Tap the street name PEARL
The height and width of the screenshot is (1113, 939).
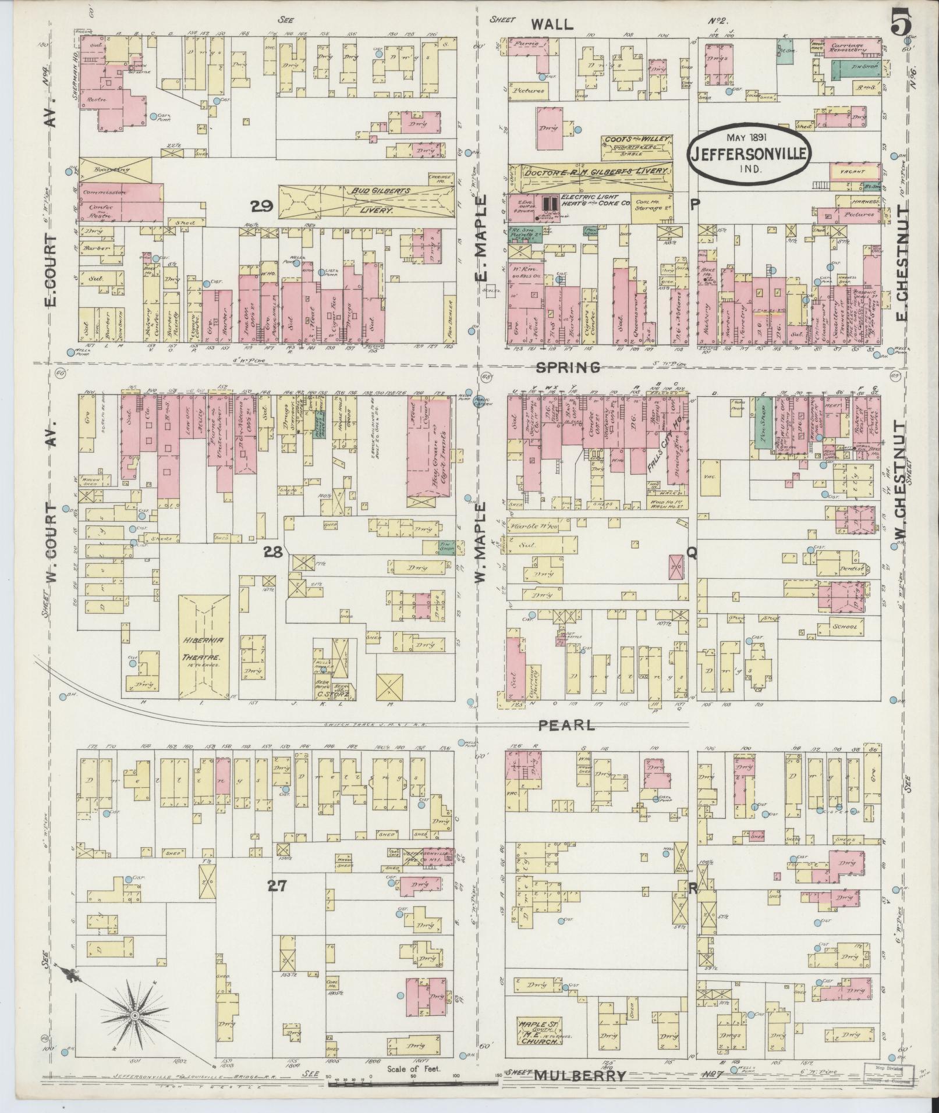click(566, 725)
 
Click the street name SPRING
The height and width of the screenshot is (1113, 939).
click(568, 367)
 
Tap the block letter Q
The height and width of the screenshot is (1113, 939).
click(692, 553)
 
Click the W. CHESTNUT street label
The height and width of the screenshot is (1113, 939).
click(901, 489)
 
